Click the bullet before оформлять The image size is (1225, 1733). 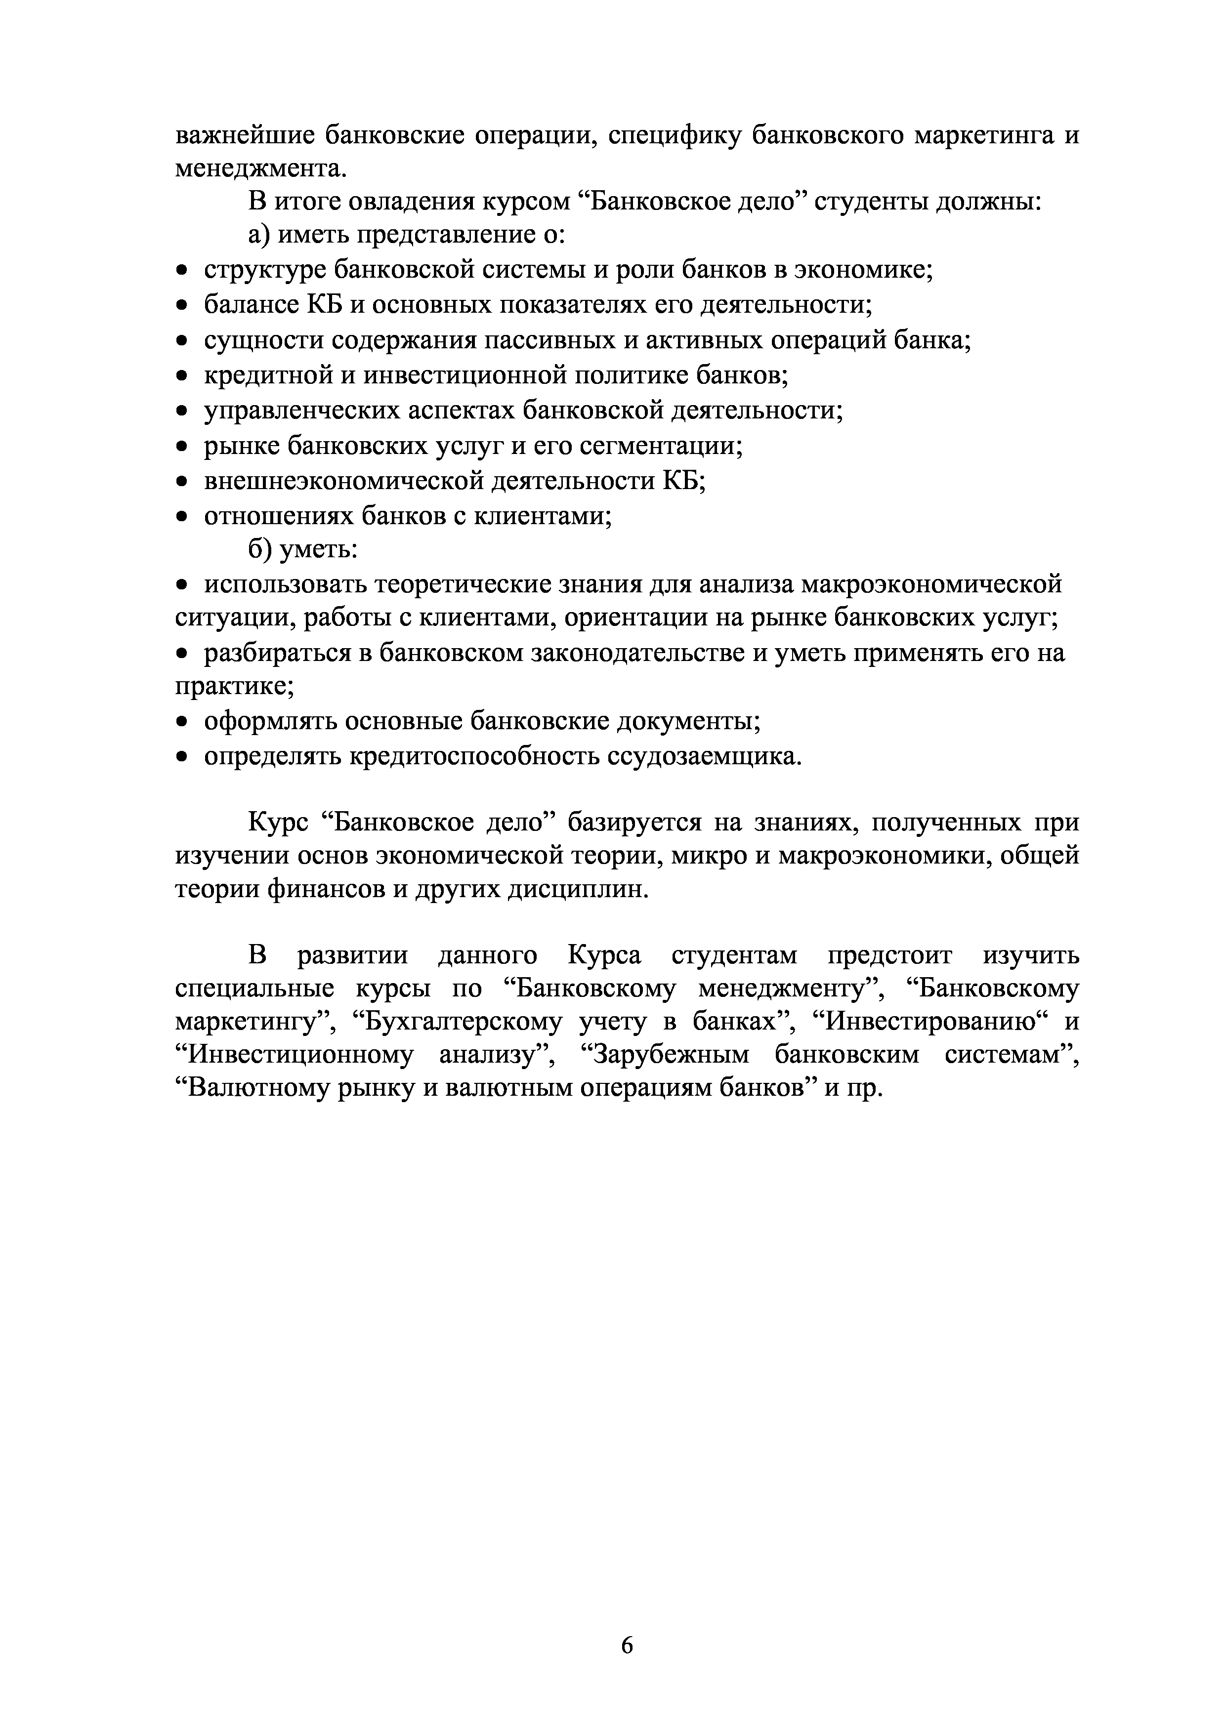[x=181, y=722]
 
